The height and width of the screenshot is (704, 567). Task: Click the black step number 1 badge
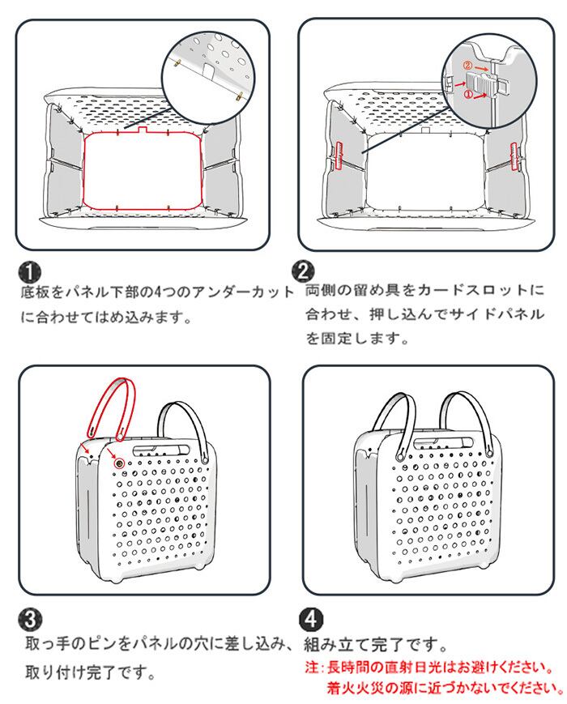pyautogui.click(x=30, y=271)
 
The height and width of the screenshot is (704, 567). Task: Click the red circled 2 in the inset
pyautogui.click(x=467, y=65)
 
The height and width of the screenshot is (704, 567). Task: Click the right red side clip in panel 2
pyautogui.click(x=515, y=154)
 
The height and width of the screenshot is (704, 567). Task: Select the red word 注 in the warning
pyautogui.click(x=309, y=668)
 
